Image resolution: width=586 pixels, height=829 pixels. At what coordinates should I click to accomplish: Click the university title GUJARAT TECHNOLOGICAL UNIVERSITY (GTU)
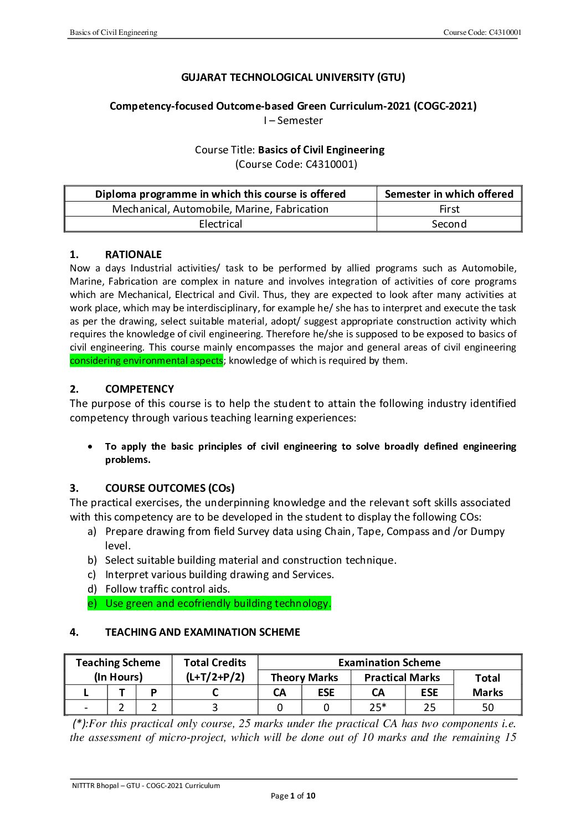point(293,78)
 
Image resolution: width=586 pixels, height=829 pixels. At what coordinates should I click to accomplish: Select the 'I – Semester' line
point(293,121)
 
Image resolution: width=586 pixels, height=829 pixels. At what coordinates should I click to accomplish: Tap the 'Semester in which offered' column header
point(449,194)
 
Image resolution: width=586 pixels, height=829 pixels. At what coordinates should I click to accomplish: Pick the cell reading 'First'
point(449,209)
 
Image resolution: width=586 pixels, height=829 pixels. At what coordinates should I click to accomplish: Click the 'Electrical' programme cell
point(220,224)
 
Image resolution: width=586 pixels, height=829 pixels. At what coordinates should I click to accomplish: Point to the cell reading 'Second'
point(449,224)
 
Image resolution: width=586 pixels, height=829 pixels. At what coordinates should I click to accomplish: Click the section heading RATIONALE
point(133,255)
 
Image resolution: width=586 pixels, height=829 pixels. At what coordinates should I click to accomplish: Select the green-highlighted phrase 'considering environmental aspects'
point(146,361)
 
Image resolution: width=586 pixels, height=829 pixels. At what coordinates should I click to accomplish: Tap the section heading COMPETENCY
point(139,389)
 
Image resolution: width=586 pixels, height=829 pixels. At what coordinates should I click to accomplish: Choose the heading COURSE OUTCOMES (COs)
point(169,488)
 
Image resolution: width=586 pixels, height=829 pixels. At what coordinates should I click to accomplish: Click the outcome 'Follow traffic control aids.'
point(167,589)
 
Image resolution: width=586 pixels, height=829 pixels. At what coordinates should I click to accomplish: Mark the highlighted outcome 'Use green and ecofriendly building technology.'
point(218,603)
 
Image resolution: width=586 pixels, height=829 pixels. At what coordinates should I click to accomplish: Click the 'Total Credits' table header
point(215,663)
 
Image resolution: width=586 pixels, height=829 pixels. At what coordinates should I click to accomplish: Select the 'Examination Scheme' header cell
point(389,663)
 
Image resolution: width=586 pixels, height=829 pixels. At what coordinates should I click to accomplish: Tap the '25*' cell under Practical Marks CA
point(378,707)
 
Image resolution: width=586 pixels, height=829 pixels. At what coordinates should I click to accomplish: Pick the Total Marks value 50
point(487,707)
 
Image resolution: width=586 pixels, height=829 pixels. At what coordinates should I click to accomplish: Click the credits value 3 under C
point(215,707)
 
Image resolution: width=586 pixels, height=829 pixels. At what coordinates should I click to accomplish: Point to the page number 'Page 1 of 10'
point(293,796)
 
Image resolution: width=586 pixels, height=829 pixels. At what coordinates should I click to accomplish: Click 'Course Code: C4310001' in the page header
point(482,32)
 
